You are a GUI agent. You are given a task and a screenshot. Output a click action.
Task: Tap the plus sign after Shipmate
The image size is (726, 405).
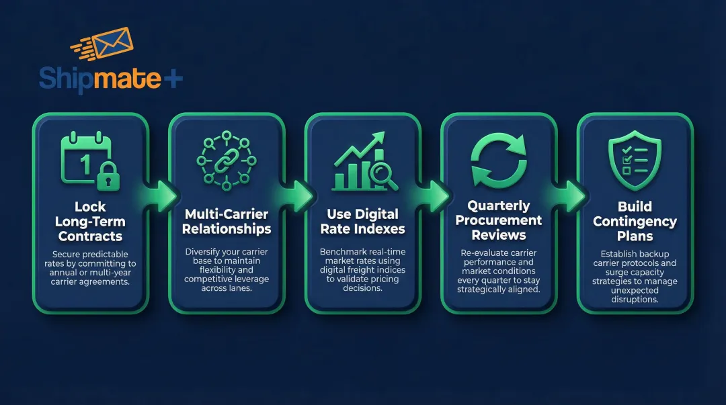[173, 79]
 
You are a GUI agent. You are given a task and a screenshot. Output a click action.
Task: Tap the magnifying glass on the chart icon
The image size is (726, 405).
[384, 176]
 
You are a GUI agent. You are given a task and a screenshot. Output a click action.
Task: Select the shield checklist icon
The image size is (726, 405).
[635, 159]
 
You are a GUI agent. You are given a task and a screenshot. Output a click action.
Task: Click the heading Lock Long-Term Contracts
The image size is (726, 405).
[90, 221]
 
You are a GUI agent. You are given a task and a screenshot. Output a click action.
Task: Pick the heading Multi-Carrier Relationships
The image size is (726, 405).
[227, 222]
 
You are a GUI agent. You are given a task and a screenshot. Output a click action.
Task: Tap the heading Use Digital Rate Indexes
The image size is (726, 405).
[363, 222]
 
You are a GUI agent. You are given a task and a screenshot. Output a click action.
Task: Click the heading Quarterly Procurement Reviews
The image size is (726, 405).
[499, 220]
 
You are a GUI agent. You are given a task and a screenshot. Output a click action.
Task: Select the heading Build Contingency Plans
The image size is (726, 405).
[635, 221]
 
